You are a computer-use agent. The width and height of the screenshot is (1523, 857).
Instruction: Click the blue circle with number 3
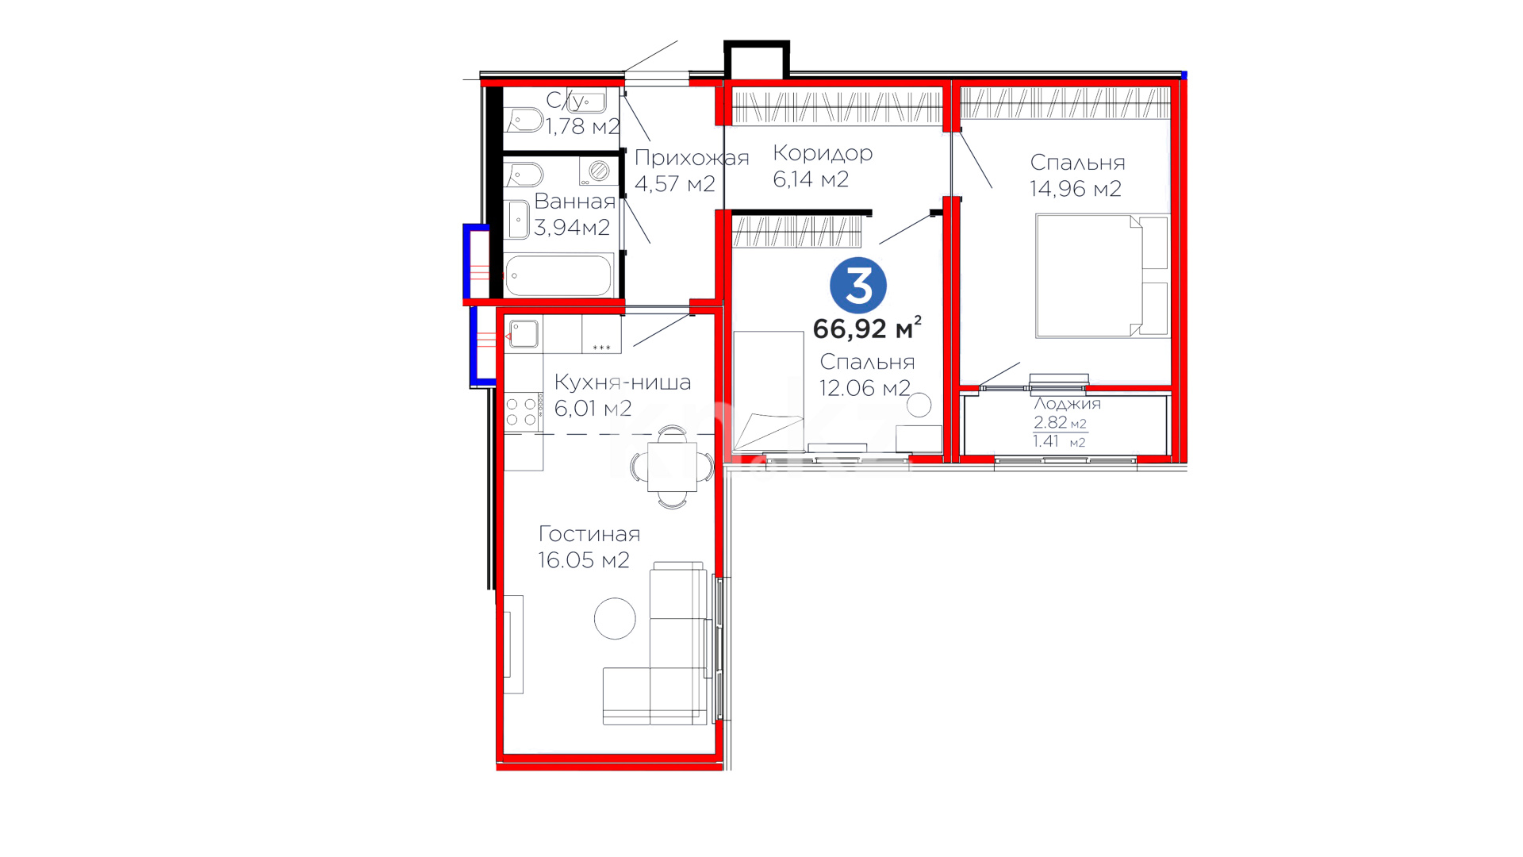[x=857, y=285]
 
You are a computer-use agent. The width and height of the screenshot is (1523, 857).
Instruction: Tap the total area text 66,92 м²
[x=867, y=327]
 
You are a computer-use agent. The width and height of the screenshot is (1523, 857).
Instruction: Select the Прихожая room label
[x=692, y=158]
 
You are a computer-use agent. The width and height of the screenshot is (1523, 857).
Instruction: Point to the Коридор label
[x=823, y=153]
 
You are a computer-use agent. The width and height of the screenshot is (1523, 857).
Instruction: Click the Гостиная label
[x=589, y=534]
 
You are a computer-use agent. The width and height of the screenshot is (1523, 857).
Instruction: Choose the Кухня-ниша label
[x=623, y=382]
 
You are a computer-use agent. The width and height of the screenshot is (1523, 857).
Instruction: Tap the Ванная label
[x=574, y=202]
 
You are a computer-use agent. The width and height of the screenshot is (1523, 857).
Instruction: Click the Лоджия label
[x=1067, y=404]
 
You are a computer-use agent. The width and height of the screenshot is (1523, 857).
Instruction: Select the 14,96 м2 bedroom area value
[x=1076, y=189]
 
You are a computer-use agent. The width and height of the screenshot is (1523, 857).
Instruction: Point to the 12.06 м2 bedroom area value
[x=865, y=388]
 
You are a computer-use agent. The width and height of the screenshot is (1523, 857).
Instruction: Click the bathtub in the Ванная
[x=558, y=275]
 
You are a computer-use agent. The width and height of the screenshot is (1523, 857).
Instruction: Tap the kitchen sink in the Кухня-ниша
[x=524, y=334]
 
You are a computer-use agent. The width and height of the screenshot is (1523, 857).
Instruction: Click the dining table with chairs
[x=673, y=467]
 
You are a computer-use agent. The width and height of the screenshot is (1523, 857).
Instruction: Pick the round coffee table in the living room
[x=615, y=618]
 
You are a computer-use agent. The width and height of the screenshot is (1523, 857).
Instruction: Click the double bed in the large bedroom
[x=1102, y=275]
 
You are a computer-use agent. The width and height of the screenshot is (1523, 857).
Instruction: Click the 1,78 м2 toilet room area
[x=582, y=126]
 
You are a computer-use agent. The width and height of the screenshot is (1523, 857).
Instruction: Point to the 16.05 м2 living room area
[x=584, y=560]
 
